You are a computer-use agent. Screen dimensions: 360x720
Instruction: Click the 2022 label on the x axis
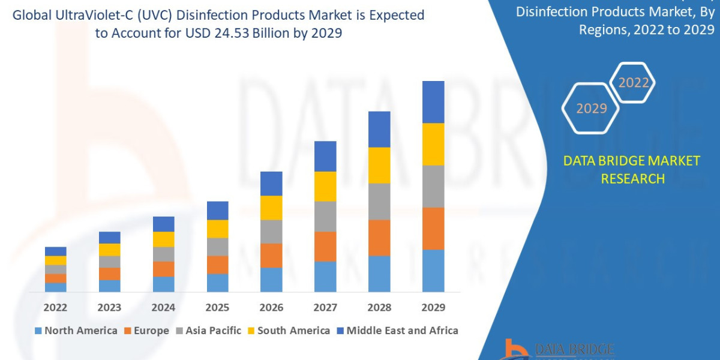pos(55,308)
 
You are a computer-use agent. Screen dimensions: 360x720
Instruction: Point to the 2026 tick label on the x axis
pos(271,308)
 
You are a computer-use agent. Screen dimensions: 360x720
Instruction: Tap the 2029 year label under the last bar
pos(433,308)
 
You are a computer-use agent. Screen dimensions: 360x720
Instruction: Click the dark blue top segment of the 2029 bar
pos(433,102)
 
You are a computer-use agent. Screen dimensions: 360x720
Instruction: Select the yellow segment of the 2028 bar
pos(379,165)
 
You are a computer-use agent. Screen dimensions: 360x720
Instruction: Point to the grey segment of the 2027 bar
pos(325,216)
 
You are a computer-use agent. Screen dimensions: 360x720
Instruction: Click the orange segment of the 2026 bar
pos(271,255)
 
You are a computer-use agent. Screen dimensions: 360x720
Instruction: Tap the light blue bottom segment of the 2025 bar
pos(217,283)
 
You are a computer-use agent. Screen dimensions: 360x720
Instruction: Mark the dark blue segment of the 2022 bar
pos(55,251)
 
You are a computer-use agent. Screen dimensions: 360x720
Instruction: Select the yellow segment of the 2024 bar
pos(163,239)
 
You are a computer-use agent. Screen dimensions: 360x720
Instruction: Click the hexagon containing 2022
pos(634,83)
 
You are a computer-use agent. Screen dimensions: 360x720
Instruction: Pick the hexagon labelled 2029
pos(591,109)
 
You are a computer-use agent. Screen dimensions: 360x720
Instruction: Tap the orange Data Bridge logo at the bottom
pos(513,350)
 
